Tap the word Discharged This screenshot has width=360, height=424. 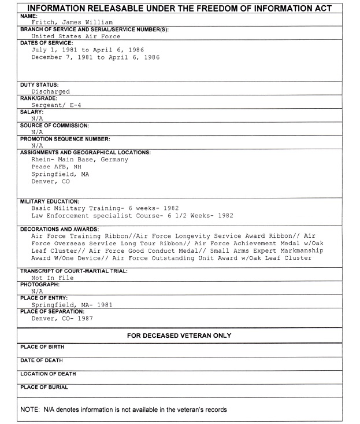50,91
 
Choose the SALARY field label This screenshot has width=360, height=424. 29,112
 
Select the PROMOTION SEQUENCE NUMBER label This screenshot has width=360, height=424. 65,139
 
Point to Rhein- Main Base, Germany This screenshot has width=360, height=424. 79,160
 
